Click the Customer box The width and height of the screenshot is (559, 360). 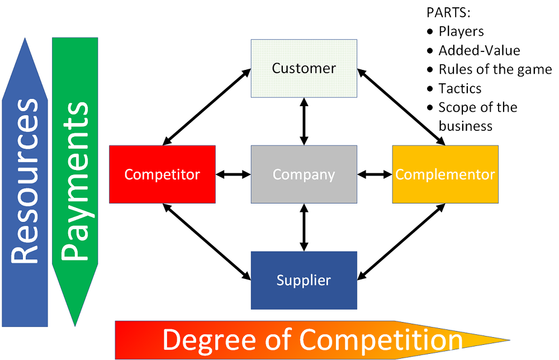[304, 68]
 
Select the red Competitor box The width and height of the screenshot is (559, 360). [162, 174]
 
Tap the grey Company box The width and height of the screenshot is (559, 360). [304, 174]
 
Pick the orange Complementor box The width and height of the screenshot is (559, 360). [445, 174]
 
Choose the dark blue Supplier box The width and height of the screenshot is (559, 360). [304, 280]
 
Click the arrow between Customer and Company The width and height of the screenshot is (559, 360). [304, 121]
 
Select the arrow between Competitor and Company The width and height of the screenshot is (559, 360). [233, 174]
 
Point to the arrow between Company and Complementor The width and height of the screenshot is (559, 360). [375, 174]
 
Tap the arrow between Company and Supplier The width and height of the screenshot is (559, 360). [304, 228]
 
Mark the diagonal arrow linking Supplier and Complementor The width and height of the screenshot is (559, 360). [401, 241]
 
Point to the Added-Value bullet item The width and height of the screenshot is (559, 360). [479, 50]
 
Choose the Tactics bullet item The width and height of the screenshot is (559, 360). [459, 88]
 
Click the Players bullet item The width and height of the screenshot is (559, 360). [461, 31]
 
